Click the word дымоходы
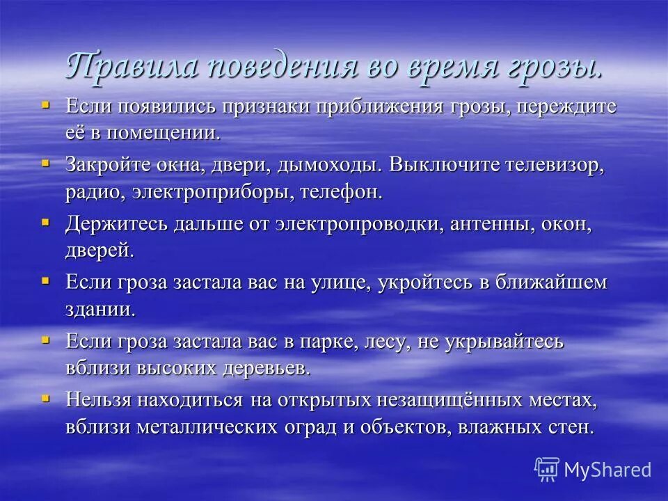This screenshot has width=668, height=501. (329, 166)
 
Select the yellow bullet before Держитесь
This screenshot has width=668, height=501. (46, 222)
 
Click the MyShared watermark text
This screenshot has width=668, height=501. (607, 470)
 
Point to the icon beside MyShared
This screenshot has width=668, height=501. (547, 469)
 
